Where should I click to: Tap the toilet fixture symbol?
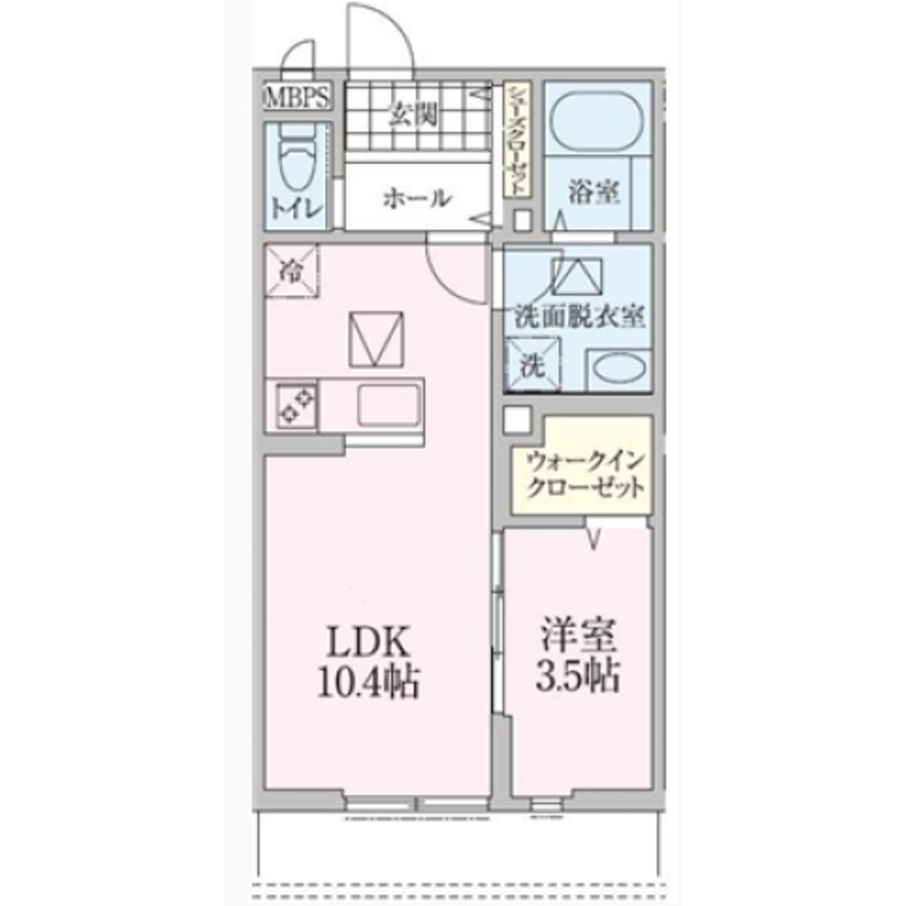[294, 163]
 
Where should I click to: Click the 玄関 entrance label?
[415, 114]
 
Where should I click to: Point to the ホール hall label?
[416, 198]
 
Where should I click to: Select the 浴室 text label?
[594, 192]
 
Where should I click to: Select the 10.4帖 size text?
[367, 681]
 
